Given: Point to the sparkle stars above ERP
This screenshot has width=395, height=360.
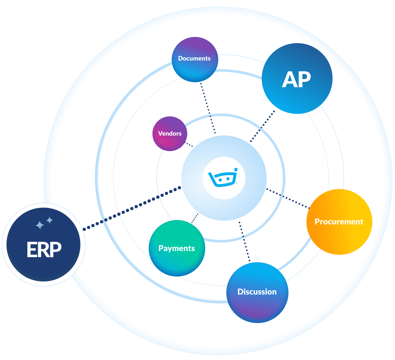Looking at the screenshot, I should click(44, 223).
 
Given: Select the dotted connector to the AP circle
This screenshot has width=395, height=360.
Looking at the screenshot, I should click(262, 126).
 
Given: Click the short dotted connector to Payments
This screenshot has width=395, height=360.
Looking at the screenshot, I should click(195, 218).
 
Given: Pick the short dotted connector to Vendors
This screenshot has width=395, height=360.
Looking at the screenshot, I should click(189, 144).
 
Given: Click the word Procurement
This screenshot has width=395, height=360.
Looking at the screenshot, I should click(339, 222).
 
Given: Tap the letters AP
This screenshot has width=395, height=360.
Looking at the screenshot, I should click(296, 80).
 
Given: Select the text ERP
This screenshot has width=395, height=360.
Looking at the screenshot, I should click(44, 249).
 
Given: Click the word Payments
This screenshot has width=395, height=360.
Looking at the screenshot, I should click(176, 248).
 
